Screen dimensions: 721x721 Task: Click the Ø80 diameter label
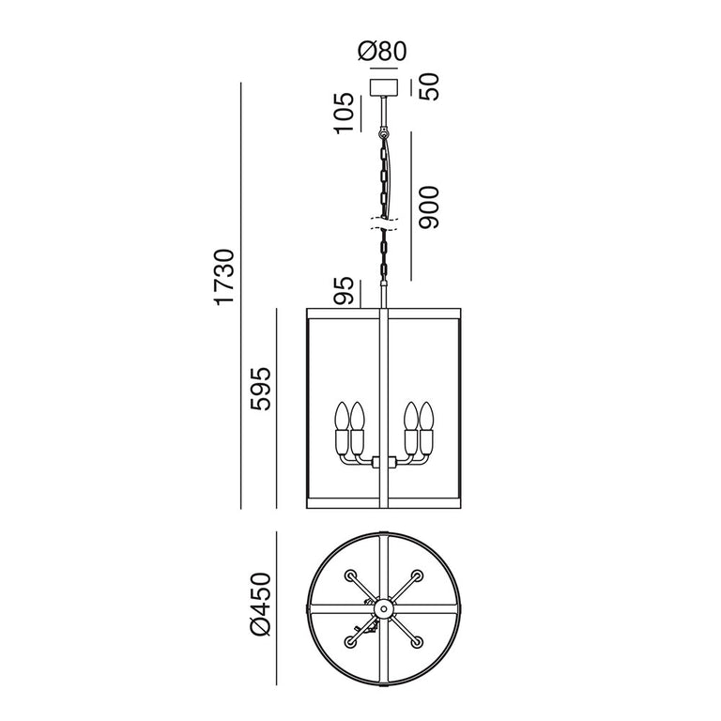point(382,51)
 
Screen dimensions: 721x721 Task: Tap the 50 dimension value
point(431,87)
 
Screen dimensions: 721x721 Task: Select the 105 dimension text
point(345,114)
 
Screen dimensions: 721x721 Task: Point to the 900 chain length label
point(429,207)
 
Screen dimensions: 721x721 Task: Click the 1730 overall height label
point(225,277)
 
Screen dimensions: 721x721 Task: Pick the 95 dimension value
point(345,291)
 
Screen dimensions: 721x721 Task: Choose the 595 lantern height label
point(260,389)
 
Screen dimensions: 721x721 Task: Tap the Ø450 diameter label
point(260,605)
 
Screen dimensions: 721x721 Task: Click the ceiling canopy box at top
point(384,87)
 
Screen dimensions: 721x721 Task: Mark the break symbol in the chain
point(383,223)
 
